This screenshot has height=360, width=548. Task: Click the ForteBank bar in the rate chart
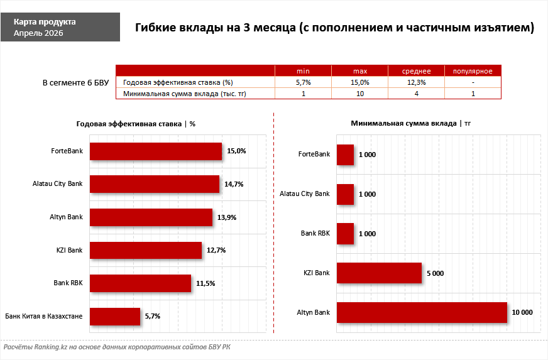click(x=156, y=151)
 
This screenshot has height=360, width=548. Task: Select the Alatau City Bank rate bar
click(x=155, y=184)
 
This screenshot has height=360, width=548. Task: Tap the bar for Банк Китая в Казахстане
click(x=115, y=316)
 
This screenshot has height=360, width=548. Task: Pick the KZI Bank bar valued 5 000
click(x=379, y=273)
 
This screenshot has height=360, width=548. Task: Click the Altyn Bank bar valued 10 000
click(x=422, y=312)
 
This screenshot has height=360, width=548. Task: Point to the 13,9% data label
click(x=224, y=217)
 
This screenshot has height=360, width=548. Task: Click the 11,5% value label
click(x=205, y=283)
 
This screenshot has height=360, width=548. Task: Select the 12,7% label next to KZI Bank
click(x=216, y=250)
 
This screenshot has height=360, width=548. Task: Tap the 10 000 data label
click(x=522, y=312)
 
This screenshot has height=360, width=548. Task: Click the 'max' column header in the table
click(x=359, y=70)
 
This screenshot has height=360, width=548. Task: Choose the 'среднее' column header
click(x=416, y=70)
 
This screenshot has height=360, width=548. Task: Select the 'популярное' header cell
click(x=473, y=70)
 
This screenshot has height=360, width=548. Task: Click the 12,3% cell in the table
click(x=416, y=82)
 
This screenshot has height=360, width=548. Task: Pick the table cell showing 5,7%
click(x=303, y=82)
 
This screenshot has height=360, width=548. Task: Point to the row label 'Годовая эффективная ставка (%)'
click(x=178, y=82)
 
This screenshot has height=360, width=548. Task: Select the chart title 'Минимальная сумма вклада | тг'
click(x=410, y=123)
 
